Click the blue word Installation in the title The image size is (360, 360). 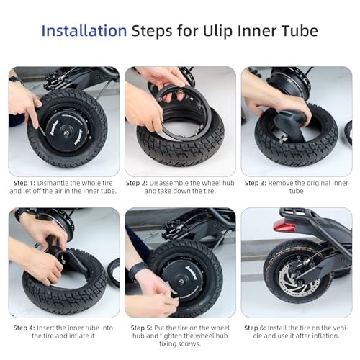click(x=84, y=31)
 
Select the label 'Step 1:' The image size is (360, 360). click(x=24, y=183)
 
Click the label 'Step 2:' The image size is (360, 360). click(x=137, y=183)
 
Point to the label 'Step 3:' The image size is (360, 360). click(x=256, y=183)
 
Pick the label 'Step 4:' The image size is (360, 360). click(x=24, y=328)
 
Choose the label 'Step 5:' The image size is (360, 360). click(x=141, y=328)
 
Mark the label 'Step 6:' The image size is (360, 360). click(x=255, y=328)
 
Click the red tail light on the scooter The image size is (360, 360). click(x=284, y=226)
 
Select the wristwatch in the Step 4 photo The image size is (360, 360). click(x=21, y=214)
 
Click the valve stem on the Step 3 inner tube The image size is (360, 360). click(x=284, y=138)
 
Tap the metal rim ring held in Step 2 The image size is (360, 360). click(x=178, y=113)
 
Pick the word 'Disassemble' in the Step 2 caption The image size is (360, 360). click(x=168, y=183)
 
